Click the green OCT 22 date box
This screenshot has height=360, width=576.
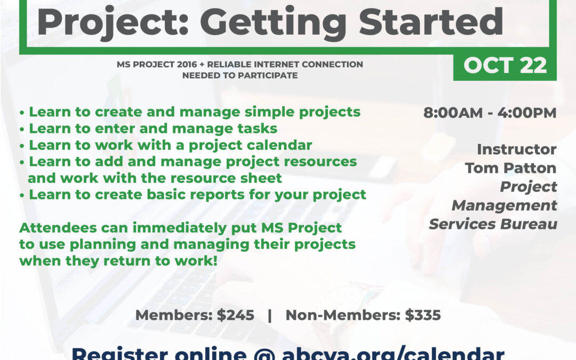505,66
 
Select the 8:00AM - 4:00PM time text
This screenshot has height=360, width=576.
490,113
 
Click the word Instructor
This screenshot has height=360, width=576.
516,149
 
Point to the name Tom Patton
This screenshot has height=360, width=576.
510,168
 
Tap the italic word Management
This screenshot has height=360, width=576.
504,205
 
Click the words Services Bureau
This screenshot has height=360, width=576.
493,224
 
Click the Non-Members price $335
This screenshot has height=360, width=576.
422,315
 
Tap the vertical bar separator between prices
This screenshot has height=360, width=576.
270,315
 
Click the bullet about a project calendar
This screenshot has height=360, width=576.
170,145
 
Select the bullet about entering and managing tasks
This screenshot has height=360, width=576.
152,129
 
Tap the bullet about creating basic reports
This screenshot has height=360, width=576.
197,195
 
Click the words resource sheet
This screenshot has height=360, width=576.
232,178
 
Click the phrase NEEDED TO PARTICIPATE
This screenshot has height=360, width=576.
240,75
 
